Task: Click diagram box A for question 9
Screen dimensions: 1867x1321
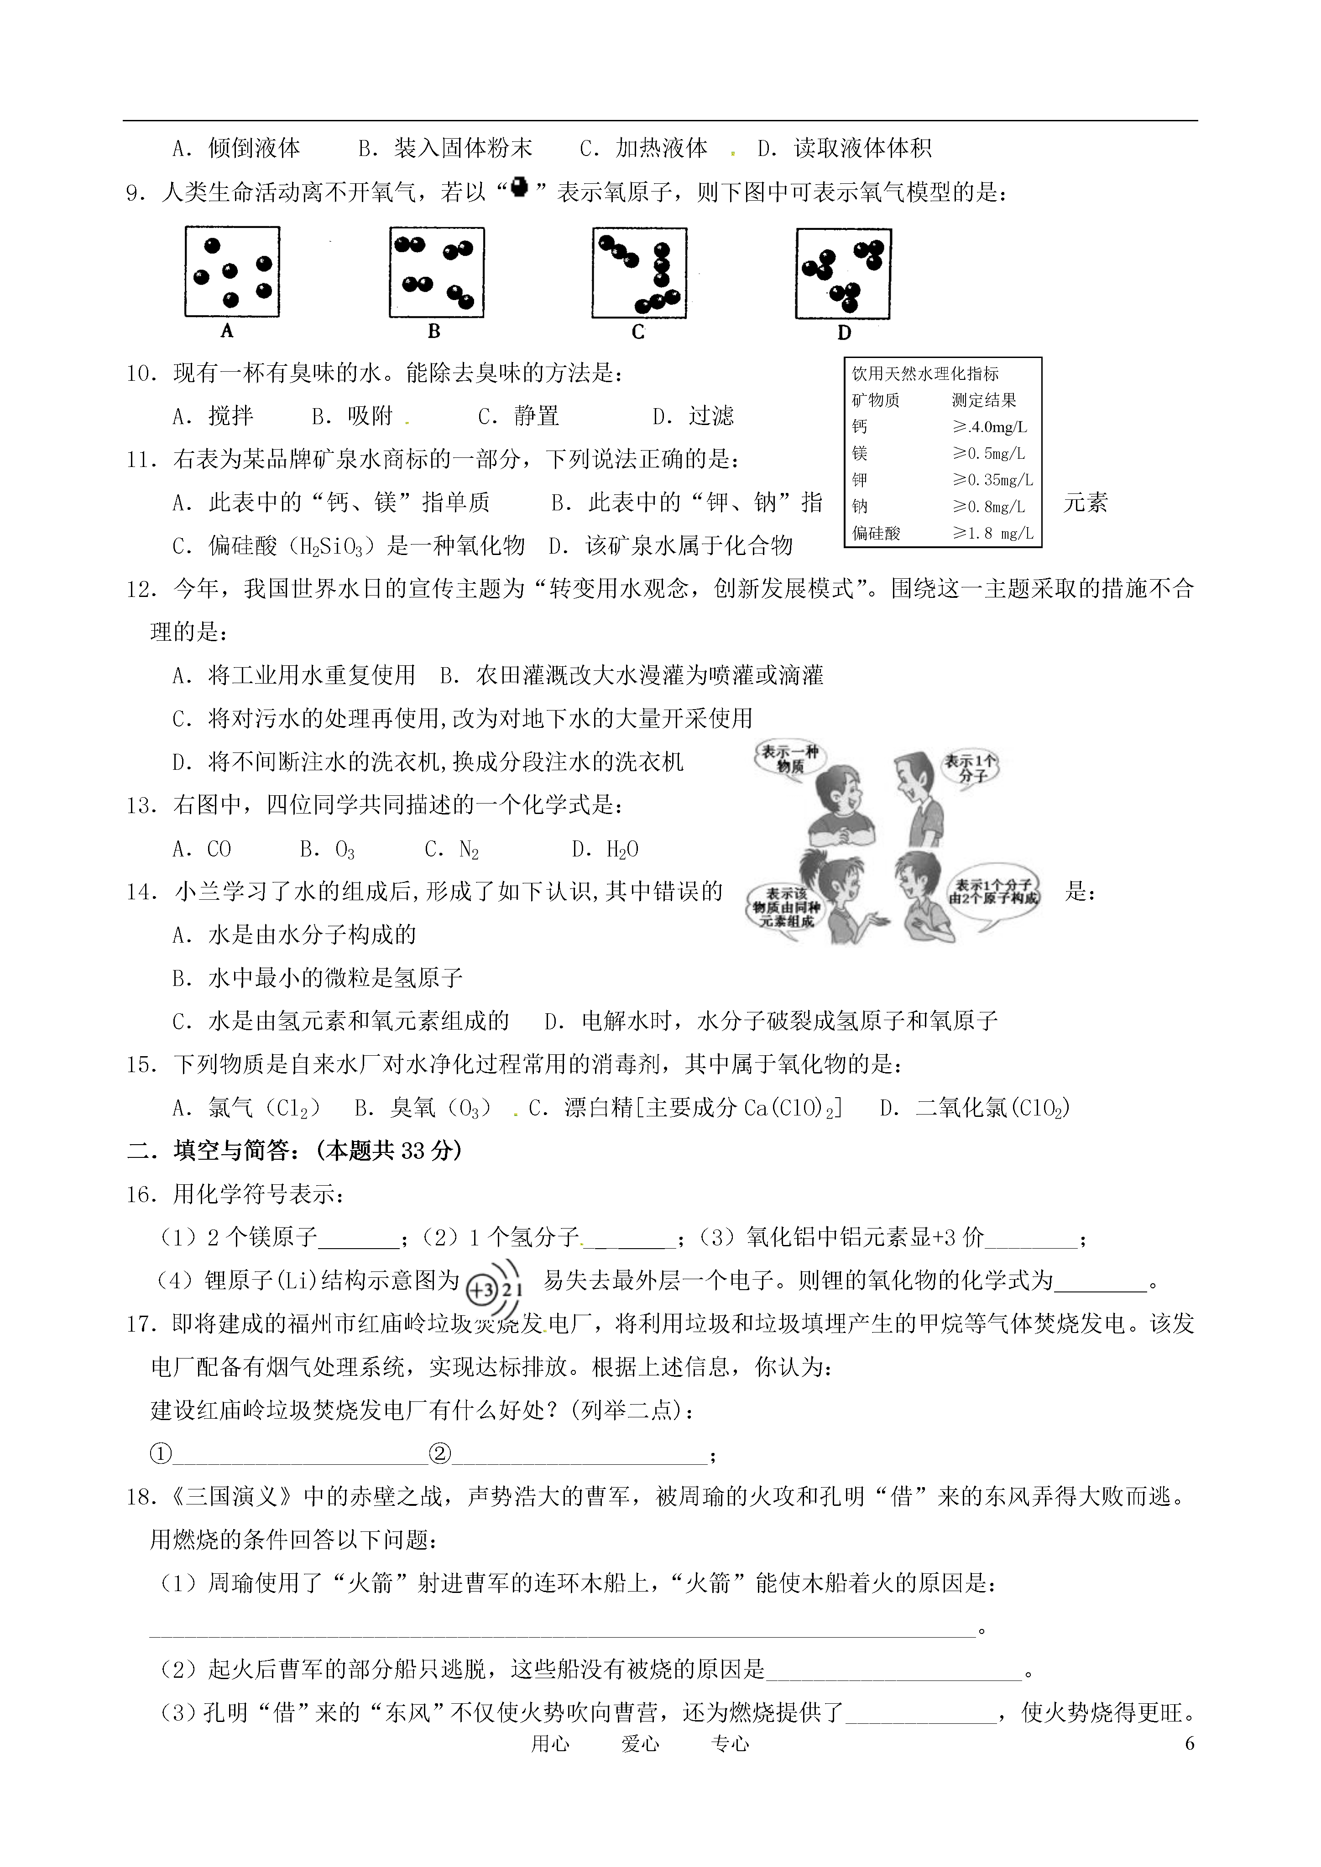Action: (x=232, y=272)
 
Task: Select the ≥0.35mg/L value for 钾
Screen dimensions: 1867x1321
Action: (x=992, y=480)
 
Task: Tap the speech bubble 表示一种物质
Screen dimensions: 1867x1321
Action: (x=788, y=759)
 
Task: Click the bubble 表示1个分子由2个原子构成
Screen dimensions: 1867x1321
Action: (x=993, y=891)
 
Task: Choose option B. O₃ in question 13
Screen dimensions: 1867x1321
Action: (x=327, y=850)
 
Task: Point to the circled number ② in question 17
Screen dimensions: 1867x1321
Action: (x=439, y=1453)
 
